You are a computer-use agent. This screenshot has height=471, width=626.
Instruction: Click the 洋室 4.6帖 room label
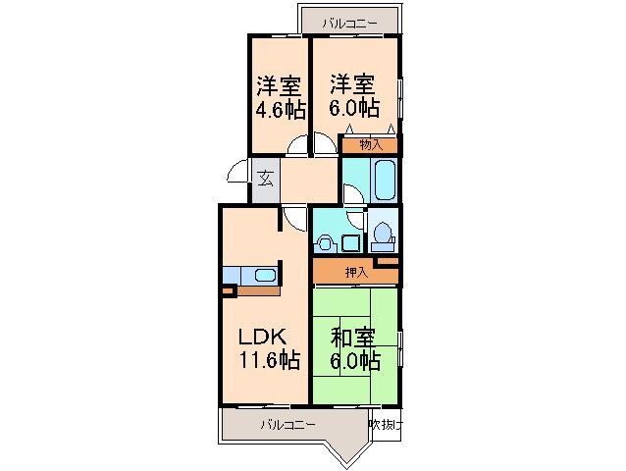pos(279,96)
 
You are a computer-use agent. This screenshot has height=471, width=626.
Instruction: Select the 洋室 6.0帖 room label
pos(353,96)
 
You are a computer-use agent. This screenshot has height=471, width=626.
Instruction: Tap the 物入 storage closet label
pos(370,145)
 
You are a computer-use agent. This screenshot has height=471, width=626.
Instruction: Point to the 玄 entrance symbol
pos(265,179)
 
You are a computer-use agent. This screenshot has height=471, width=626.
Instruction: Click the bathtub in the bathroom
pos(384,181)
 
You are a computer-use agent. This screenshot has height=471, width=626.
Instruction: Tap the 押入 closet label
pos(356,272)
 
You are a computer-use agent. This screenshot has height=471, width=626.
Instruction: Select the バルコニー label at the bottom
pos(287,425)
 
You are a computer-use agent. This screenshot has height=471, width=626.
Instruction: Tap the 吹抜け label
pos(387,425)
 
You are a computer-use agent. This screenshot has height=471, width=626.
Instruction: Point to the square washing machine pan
pos(350,241)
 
